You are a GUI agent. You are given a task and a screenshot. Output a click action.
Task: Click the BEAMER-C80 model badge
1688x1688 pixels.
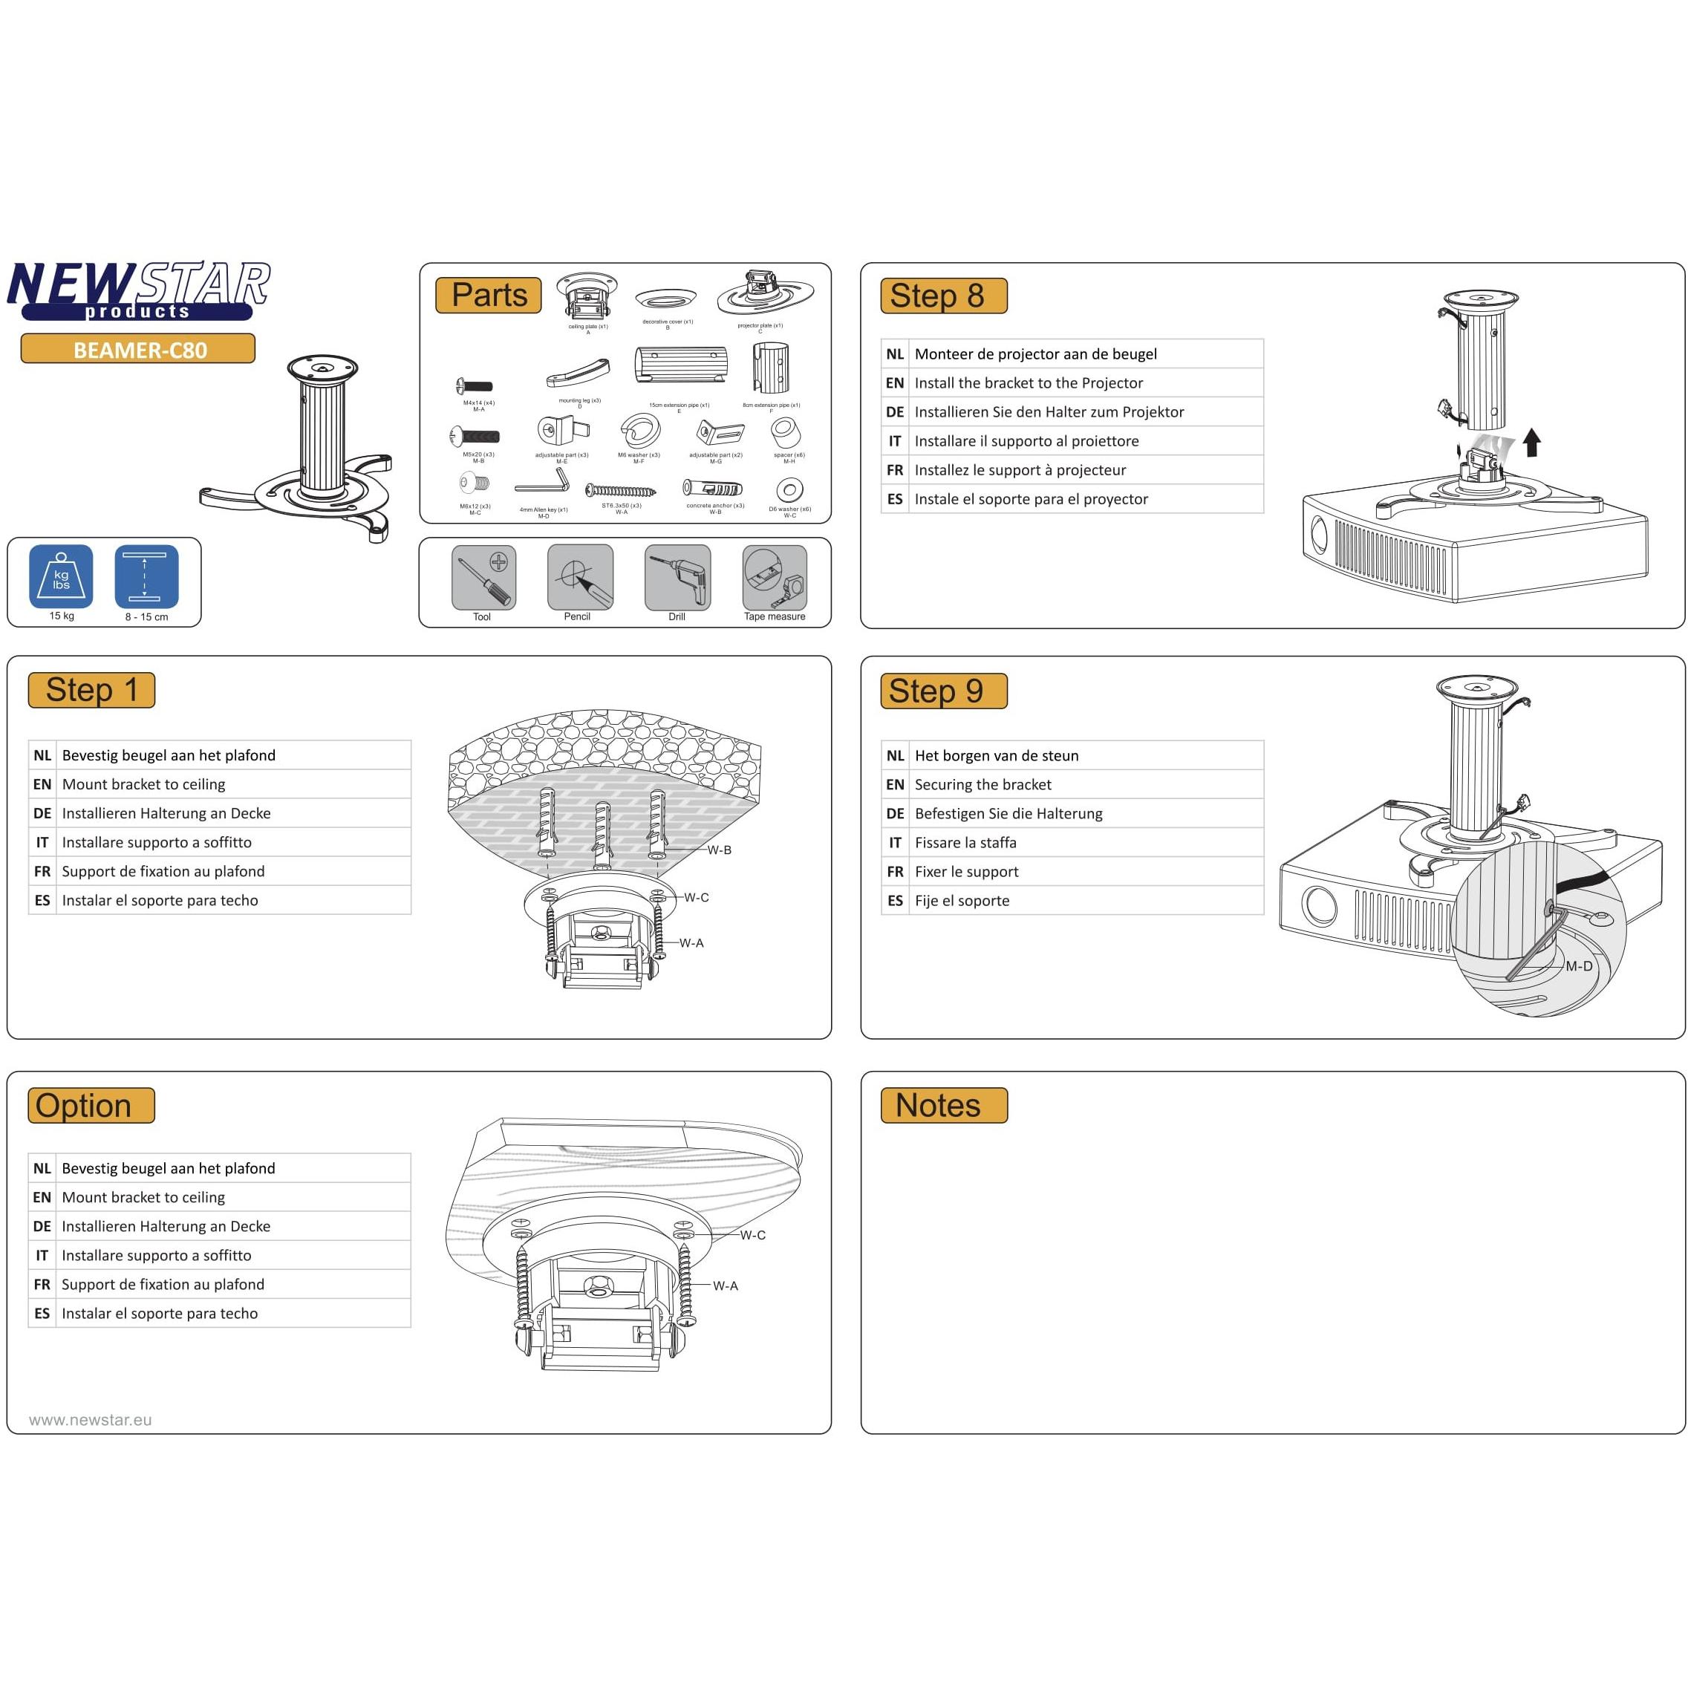(x=138, y=350)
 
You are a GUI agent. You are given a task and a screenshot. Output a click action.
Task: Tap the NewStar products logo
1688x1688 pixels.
(x=138, y=291)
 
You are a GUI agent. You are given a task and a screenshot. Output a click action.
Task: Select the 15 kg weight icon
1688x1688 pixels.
(x=60, y=576)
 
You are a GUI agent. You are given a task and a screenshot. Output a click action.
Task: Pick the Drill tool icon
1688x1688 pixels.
(x=677, y=576)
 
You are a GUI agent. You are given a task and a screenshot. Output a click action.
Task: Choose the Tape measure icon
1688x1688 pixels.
(x=774, y=576)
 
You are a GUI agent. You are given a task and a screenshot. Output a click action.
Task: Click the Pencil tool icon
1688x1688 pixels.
(x=579, y=576)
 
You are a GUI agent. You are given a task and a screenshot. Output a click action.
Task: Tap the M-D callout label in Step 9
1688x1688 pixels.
(x=1578, y=966)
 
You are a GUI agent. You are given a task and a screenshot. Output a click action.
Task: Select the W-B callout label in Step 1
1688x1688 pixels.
(x=719, y=850)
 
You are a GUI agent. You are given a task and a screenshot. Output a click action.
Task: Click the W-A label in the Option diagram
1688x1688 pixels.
(x=724, y=1286)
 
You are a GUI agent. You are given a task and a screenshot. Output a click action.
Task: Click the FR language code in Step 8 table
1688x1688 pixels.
(x=895, y=470)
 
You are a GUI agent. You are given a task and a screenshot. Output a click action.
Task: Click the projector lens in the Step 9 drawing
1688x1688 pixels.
(x=1320, y=906)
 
